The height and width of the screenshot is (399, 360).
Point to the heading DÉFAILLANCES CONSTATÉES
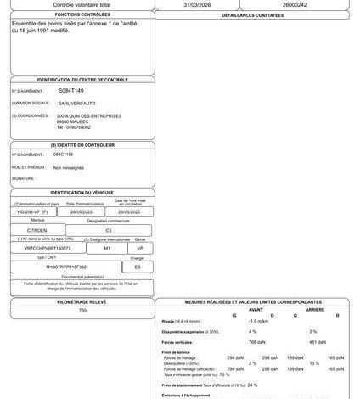tap(256, 15)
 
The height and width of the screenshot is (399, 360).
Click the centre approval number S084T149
tap(71, 89)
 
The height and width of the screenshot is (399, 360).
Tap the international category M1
tap(107, 248)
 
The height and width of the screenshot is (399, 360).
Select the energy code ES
tap(138, 267)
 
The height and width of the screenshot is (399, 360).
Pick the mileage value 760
tap(82, 311)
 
